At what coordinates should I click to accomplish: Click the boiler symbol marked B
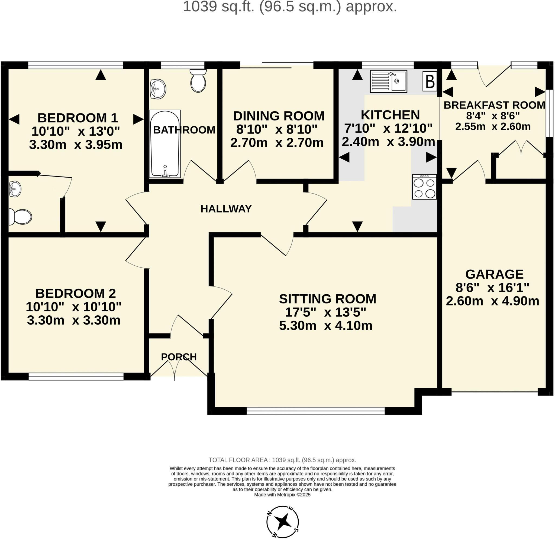click(x=430, y=81)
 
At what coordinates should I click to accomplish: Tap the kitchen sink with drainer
click(x=388, y=81)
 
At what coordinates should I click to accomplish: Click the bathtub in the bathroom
click(x=165, y=144)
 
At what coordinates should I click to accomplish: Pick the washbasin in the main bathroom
click(x=158, y=89)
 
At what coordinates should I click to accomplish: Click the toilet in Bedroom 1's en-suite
click(x=20, y=217)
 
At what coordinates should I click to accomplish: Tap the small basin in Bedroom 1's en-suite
click(x=15, y=189)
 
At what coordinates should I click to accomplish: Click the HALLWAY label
click(x=226, y=209)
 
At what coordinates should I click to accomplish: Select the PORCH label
click(x=179, y=357)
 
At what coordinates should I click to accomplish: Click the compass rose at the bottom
click(x=282, y=521)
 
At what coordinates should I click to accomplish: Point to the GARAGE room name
click(x=494, y=274)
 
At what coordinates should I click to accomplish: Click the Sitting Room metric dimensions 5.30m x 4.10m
click(x=325, y=326)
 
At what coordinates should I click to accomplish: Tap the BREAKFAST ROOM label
click(x=494, y=105)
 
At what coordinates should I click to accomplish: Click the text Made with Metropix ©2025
click(x=282, y=495)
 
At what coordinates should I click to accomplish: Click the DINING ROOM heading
click(x=279, y=116)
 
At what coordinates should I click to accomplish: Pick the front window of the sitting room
click(x=316, y=411)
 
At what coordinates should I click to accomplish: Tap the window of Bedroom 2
click(x=76, y=376)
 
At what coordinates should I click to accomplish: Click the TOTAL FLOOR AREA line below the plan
click(x=282, y=460)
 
